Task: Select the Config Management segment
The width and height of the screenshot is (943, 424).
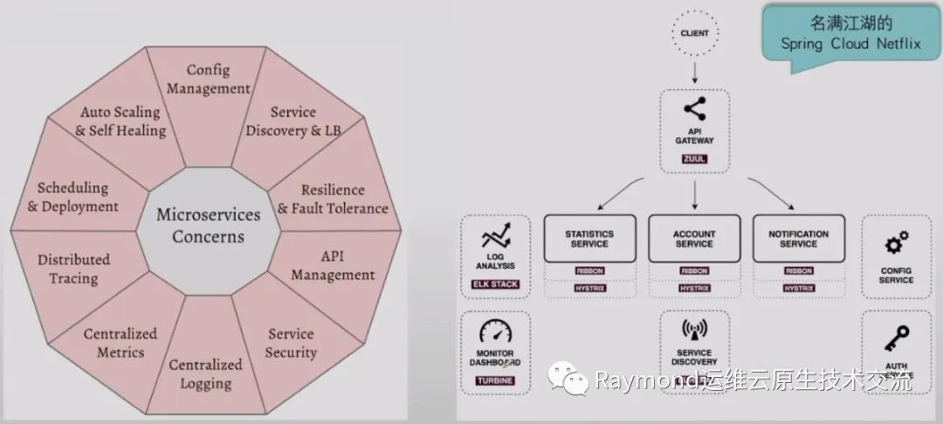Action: [208, 79]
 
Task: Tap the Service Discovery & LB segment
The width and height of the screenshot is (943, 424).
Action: [293, 121]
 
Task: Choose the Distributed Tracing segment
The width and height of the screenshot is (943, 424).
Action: [73, 269]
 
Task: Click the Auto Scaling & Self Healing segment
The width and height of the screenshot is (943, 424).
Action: [120, 121]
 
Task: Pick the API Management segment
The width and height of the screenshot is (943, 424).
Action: [333, 265]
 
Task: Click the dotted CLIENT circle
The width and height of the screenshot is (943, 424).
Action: [695, 34]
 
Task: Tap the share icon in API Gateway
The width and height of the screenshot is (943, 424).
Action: [695, 110]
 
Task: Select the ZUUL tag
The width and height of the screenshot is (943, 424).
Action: [695, 160]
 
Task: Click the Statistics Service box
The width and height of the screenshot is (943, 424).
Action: [589, 238]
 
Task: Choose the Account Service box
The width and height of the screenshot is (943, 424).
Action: [694, 238]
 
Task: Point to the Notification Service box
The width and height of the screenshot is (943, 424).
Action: [799, 238]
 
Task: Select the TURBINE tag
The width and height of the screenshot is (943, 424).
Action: [495, 380]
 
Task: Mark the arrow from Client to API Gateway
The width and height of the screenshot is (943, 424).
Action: [695, 71]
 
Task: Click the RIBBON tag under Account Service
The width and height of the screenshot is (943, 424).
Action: [694, 270]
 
